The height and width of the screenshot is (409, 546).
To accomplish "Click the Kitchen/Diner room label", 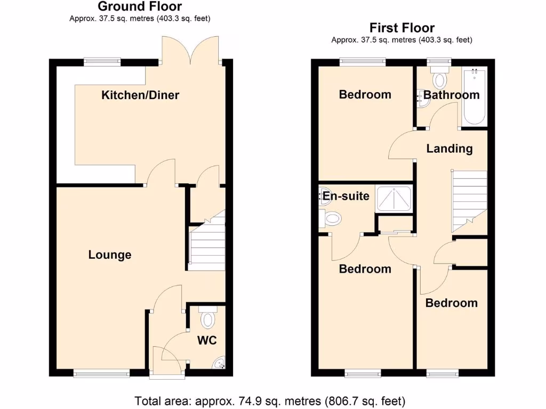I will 140,95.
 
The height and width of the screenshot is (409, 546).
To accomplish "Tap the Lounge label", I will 110,255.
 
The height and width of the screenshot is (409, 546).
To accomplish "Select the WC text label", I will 207,340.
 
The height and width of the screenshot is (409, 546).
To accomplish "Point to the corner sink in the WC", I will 219,364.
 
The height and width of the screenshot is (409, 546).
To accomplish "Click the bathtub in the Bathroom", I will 474,96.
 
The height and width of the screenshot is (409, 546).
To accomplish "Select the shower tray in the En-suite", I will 394,199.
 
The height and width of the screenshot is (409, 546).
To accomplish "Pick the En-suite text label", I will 344,196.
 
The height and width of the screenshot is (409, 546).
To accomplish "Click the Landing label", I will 449,149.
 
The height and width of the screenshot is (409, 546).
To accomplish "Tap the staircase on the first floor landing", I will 469,200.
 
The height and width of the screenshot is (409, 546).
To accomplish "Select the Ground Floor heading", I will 140,7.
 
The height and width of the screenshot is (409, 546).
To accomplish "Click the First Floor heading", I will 402,28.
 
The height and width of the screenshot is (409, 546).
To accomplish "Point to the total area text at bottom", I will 270,400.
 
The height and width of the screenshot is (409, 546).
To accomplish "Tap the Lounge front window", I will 101,373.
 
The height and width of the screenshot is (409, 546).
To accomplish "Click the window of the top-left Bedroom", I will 363,61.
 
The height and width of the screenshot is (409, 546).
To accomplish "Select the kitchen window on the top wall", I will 102,62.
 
